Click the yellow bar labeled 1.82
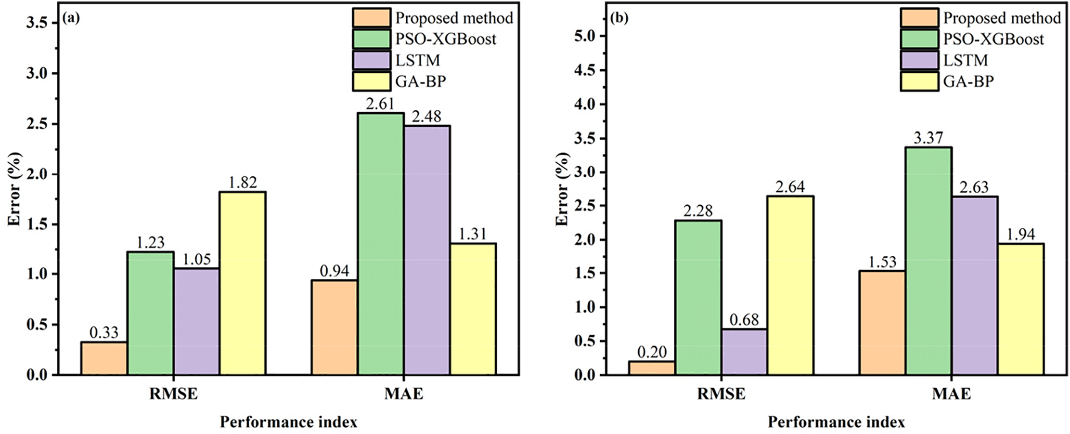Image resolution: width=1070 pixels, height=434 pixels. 243,283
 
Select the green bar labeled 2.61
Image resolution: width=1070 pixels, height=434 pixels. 380,244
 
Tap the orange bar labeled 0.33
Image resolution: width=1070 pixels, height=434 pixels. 104,358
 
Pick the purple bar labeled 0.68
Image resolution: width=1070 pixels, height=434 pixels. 744,352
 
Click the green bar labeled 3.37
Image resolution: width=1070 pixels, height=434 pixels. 928,261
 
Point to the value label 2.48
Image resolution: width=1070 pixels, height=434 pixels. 426,117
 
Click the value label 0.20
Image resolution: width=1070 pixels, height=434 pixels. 652,352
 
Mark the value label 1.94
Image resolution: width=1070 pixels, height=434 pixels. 1020,234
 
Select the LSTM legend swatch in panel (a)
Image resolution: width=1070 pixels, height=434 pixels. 371,60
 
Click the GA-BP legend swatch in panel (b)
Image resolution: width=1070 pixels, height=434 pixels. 919,81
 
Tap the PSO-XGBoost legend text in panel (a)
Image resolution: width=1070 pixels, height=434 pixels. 446,39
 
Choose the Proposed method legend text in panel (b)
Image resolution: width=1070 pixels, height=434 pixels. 1002,18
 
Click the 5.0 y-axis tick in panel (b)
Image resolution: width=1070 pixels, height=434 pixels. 585,37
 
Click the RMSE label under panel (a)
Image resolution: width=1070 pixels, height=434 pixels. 173,394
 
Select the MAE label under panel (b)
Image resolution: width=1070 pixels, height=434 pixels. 951,394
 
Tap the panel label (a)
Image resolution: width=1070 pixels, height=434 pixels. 71,18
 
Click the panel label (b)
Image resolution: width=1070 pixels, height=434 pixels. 619,18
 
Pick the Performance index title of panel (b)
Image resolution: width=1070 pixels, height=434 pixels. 836,422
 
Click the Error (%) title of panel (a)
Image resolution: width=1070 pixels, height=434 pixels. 14,189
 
